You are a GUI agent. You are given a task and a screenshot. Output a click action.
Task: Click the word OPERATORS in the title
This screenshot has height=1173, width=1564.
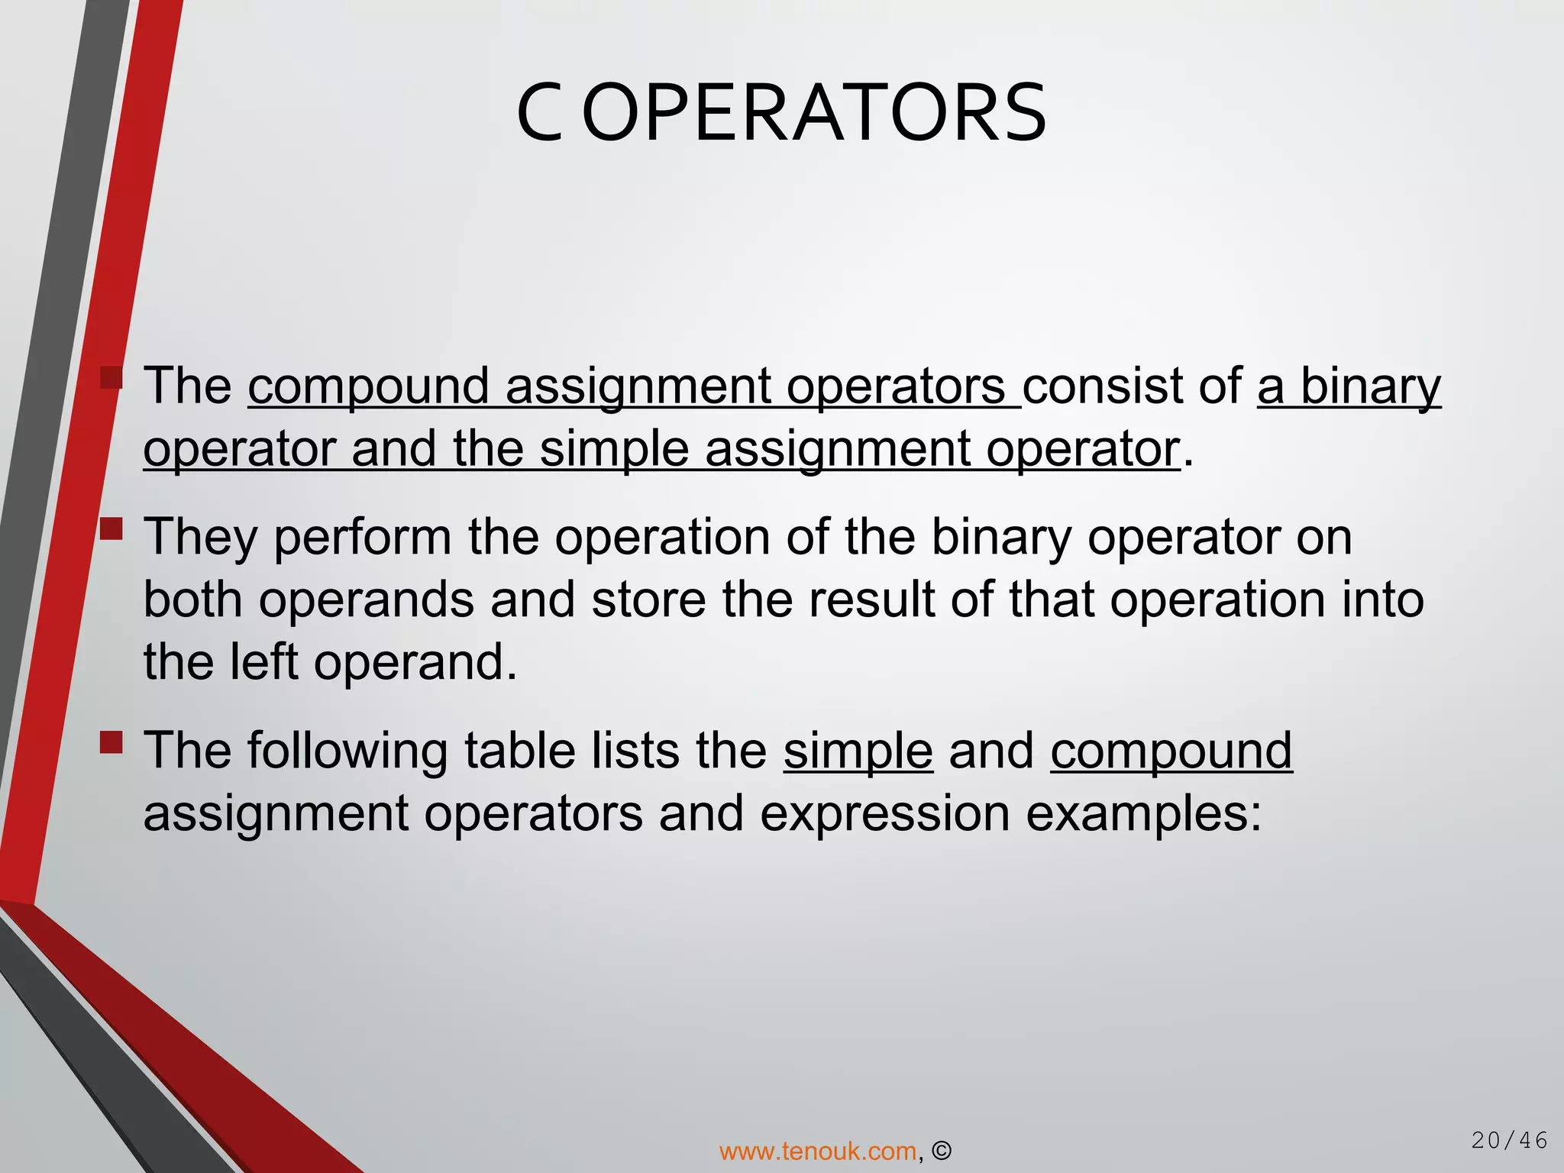814,114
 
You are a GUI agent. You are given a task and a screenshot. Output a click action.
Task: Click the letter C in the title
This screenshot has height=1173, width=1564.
539,114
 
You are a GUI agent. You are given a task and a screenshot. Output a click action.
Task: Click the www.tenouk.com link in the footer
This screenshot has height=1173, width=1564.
817,1151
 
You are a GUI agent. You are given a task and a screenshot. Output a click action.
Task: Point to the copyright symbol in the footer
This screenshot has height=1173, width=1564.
942,1151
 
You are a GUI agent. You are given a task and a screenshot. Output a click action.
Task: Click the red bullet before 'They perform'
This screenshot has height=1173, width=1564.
111,528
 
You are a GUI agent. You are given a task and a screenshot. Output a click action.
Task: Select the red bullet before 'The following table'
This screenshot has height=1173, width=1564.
111,742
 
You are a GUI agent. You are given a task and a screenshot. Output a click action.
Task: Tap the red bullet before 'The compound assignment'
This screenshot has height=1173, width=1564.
111,377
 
